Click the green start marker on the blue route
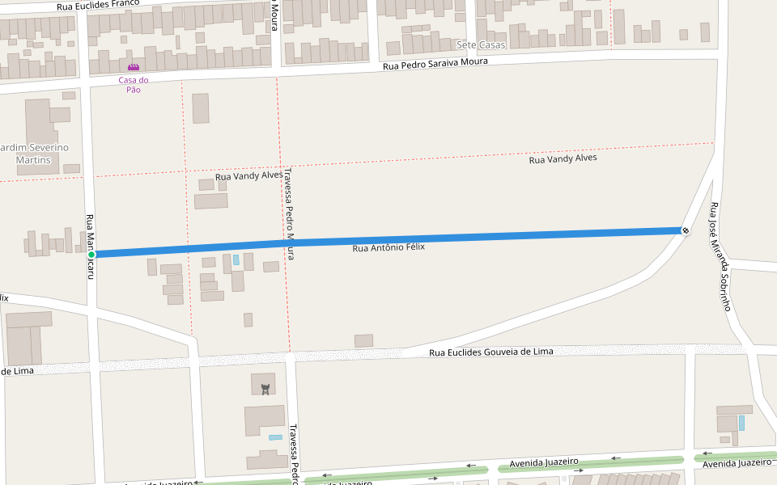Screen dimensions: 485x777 [x=91, y=255]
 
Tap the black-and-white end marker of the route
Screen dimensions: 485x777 [x=686, y=231]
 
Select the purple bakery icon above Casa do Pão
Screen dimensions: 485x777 [x=134, y=67]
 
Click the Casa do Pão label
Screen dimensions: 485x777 [x=134, y=84]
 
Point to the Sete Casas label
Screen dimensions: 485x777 [x=481, y=44]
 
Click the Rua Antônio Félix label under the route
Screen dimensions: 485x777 [x=388, y=247]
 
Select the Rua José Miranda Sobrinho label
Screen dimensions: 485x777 [x=720, y=256]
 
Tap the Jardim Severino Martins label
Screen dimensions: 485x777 [x=34, y=154]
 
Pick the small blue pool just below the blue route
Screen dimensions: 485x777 [x=236, y=260]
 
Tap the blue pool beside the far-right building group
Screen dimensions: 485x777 [x=741, y=422]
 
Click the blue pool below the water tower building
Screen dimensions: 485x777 [x=275, y=437]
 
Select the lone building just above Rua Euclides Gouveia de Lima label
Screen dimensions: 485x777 [x=364, y=340]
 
